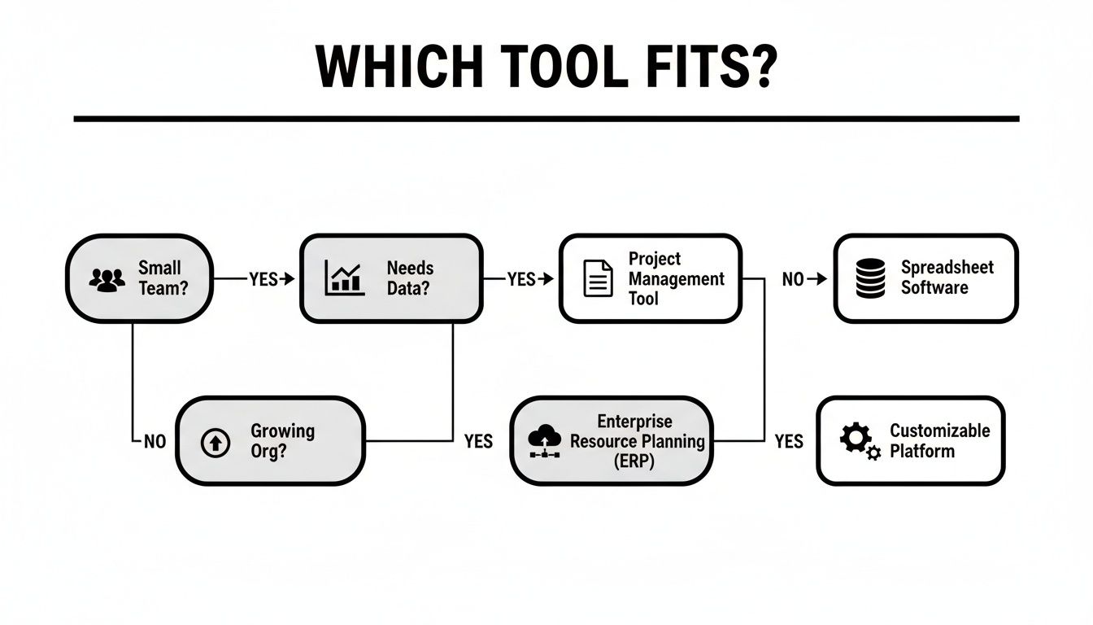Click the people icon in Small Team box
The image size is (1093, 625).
107,279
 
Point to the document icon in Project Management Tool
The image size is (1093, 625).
599,279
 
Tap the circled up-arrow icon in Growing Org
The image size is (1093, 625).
215,442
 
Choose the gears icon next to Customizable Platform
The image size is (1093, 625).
858,440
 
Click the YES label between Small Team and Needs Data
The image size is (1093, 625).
263,279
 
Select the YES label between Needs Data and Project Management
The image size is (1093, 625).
521,279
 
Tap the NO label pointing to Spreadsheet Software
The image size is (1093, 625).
793,279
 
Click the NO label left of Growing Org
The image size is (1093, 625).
155,442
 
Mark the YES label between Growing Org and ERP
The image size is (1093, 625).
478,442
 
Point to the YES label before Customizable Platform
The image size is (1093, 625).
788,442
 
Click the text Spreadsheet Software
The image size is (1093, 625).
947,278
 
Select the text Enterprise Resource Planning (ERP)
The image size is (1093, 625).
637,441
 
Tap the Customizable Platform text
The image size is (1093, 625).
939,440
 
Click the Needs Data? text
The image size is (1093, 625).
410,278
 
